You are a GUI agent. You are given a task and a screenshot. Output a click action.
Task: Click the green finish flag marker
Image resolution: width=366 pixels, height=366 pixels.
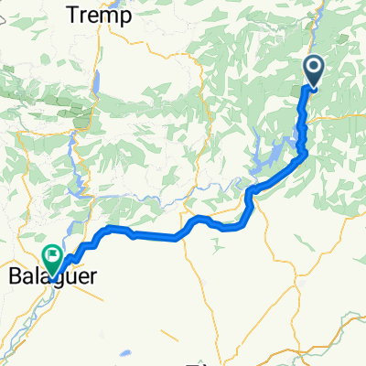[x=54, y=256]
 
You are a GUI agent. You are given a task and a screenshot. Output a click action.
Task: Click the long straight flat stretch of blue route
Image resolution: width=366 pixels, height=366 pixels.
[x=156, y=237]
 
